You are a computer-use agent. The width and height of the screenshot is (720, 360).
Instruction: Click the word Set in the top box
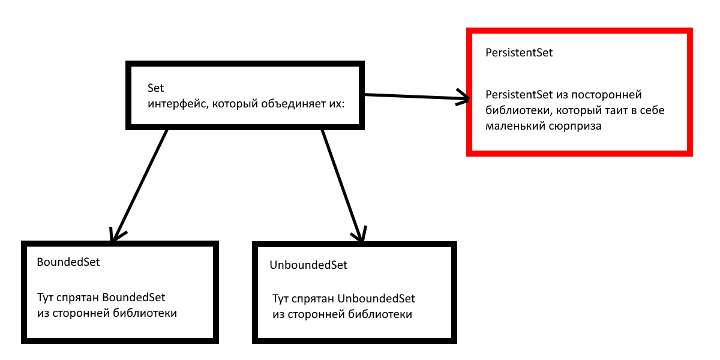pos(155,88)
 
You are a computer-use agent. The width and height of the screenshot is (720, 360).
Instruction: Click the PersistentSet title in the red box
pos(519,53)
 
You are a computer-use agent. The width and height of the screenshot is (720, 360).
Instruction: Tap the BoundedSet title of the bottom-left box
pos(68,262)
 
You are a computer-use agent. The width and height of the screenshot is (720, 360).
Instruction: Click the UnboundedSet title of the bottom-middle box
pos(308,265)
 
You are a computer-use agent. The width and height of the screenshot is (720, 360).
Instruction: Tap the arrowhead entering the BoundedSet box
pos(116,235)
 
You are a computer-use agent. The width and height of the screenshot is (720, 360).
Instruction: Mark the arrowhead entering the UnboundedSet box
pos(359,234)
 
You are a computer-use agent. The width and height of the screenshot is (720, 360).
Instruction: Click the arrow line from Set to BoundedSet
pos(139,185)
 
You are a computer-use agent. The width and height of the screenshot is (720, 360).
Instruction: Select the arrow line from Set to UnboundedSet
pos(342,185)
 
